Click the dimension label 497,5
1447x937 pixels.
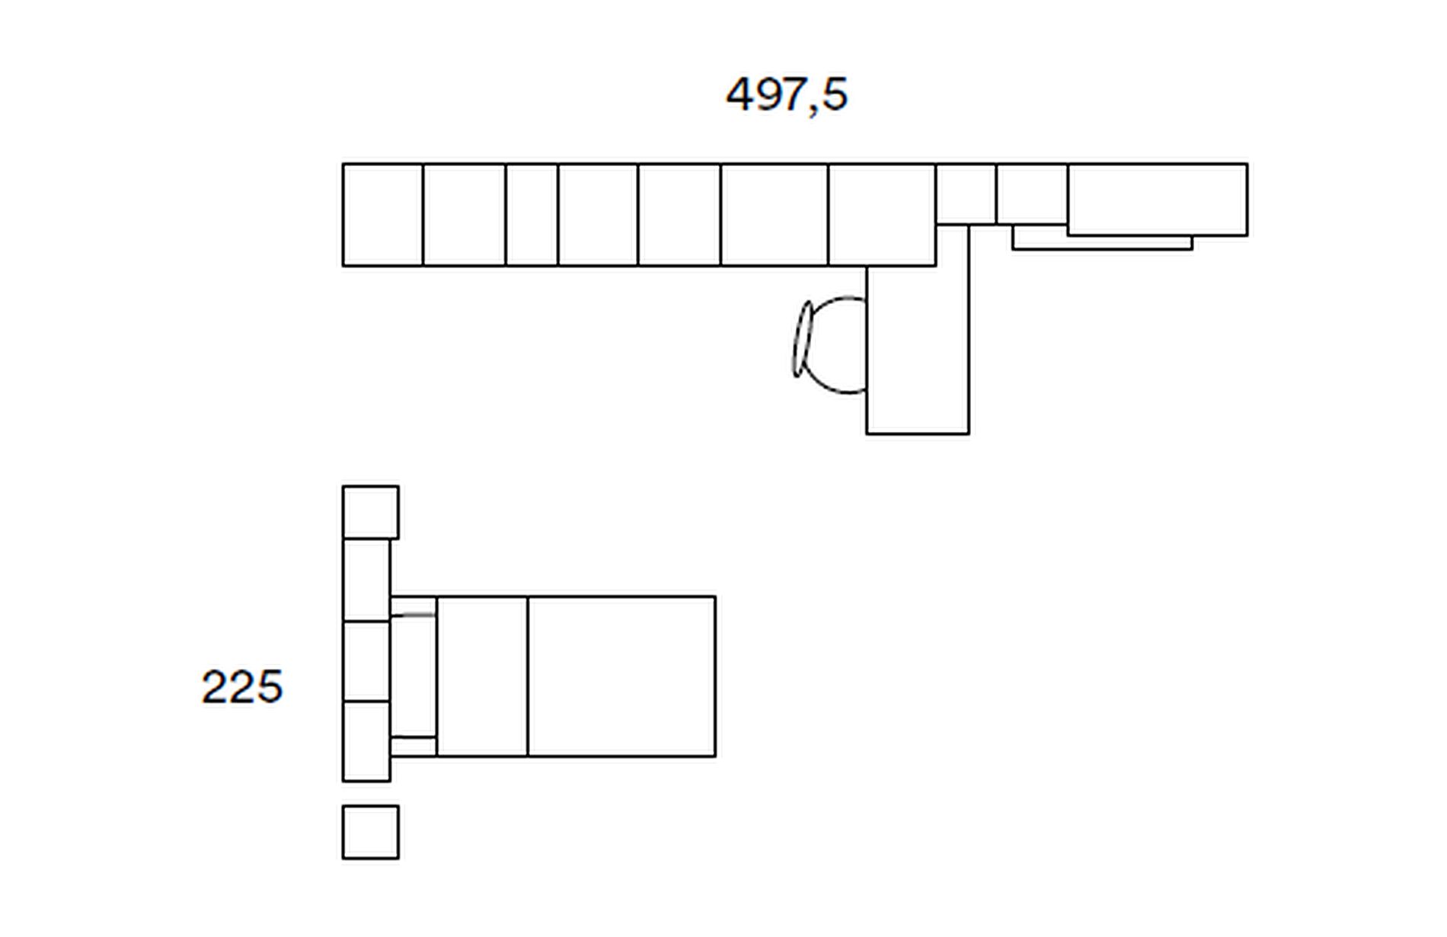tap(787, 95)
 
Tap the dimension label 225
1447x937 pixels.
tap(242, 686)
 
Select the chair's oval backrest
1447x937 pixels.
tap(802, 339)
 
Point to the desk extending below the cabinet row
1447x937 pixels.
tap(918, 349)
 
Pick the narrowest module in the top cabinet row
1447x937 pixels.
tap(532, 215)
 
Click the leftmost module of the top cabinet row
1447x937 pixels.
tap(383, 215)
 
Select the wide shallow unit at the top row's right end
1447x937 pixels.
tap(1158, 200)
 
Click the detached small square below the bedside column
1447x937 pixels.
tap(370, 832)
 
